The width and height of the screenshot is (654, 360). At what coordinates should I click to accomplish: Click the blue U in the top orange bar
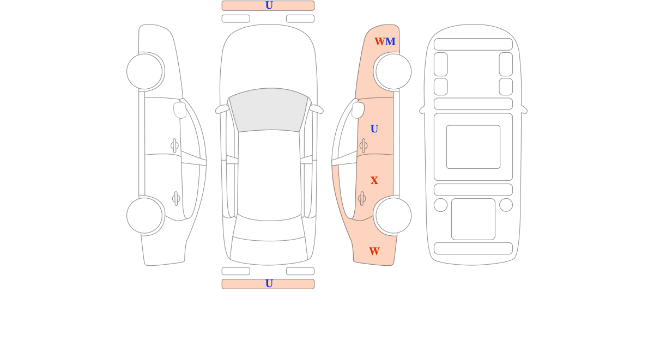[x=269, y=5]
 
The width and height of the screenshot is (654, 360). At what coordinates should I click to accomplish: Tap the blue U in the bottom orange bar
[x=269, y=283]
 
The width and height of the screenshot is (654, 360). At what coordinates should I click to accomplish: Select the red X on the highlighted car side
[x=374, y=180]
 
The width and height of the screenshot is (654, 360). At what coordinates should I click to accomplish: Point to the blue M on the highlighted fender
[x=390, y=41]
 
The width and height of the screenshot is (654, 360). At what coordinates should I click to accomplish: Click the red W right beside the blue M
[x=380, y=41]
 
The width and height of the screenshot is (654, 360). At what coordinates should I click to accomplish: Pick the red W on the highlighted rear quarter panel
[x=374, y=251]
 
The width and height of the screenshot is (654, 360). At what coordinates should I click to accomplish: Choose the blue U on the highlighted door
[x=374, y=129]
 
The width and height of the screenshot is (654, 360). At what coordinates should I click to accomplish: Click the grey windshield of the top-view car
[x=269, y=109]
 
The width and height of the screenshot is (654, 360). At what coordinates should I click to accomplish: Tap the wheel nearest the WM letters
[x=393, y=71]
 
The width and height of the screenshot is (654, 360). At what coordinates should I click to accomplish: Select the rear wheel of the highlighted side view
[x=393, y=216]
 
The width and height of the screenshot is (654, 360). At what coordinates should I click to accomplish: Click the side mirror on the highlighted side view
[x=358, y=110]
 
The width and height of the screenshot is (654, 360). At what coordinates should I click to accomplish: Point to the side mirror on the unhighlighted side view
[x=180, y=110]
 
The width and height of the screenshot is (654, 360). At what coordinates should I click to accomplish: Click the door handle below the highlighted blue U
[x=363, y=145]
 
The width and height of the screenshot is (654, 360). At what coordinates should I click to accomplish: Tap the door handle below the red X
[x=362, y=199]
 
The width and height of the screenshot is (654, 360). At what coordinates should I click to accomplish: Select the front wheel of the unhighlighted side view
[x=144, y=71]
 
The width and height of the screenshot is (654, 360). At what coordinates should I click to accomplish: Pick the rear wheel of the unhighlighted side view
[x=144, y=216]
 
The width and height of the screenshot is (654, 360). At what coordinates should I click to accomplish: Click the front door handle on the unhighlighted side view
[x=174, y=145]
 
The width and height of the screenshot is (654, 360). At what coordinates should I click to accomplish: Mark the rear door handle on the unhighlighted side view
[x=176, y=199]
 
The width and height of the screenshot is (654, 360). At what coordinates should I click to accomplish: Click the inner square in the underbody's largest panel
[x=473, y=147]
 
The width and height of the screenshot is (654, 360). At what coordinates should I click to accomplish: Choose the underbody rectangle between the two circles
[x=473, y=219]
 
